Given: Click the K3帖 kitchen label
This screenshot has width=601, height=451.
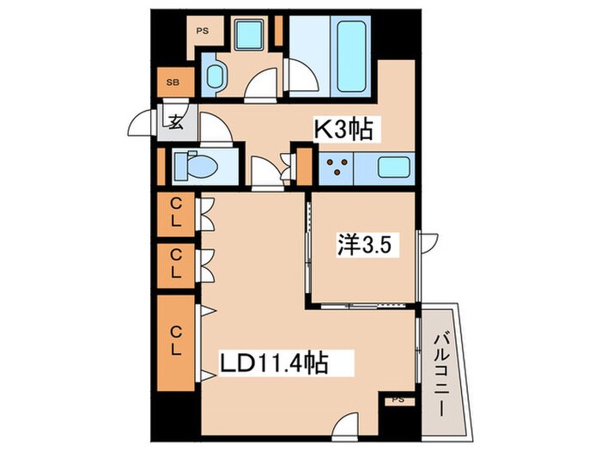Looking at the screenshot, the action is tap(343, 129).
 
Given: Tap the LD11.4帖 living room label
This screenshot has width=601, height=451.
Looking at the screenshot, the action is tap(274, 363).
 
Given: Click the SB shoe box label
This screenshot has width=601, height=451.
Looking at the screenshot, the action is tap(173, 82).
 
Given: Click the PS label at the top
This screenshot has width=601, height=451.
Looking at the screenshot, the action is tap(203, 32).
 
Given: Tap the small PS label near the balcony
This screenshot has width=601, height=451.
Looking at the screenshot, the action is tap(398, 400).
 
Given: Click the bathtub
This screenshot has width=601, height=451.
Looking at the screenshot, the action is tap(350, 57).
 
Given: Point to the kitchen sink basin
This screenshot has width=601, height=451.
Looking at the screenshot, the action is tap(393, 168).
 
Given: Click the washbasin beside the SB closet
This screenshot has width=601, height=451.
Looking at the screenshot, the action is tap(215, 76).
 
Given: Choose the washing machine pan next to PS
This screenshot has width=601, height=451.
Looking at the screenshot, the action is tap(249, 34).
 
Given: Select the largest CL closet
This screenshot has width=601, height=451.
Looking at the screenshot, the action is tap(176, 343).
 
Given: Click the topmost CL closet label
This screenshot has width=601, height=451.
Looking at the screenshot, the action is tap(176, 213).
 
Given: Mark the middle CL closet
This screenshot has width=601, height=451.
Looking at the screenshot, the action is tap(176, 266).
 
